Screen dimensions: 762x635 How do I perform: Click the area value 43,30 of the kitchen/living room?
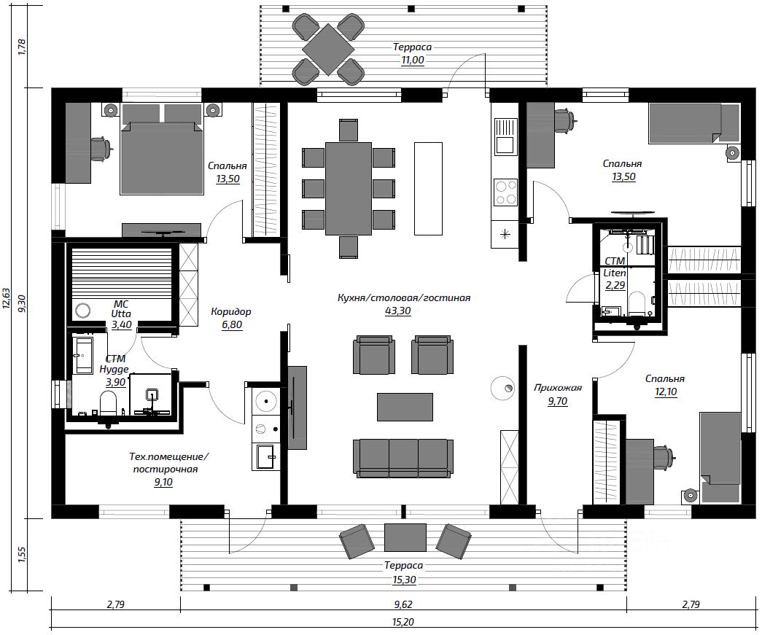397,311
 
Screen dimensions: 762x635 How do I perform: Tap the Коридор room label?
231,311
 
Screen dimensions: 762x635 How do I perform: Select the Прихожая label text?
557,388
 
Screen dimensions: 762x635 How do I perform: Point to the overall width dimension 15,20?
403,622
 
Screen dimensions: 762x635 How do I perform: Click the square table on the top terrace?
329,50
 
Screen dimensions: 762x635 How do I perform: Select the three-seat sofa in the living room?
403,458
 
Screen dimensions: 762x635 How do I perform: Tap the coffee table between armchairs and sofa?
405,407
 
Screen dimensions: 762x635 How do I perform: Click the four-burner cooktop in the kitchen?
505,192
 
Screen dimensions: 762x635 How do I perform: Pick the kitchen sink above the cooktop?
505,136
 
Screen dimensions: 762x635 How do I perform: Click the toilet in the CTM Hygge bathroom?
109,402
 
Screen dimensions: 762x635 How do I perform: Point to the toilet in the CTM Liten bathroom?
636,304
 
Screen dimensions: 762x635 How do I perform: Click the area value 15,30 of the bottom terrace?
404,580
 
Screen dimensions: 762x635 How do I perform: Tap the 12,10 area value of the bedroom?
666,392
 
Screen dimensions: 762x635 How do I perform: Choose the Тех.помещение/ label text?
168,456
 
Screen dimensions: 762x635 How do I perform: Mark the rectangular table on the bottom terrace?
405,537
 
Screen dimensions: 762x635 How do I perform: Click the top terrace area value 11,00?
412,61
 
